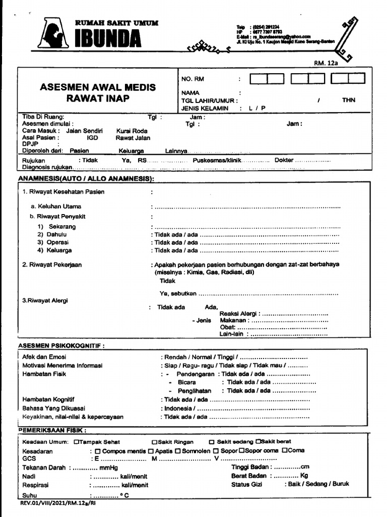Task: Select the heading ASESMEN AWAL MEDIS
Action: (x=98, y=87)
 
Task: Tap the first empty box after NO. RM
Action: (x=259, y=79)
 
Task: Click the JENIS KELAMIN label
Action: (x=205, y=108)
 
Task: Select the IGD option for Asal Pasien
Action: (x=92, y=138)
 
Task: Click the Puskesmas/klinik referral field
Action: (x=217, y=160)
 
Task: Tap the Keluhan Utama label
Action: (x=59, y=206)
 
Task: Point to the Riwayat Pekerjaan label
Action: (x=52, y=265)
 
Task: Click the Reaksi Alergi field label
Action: (x=239, y=314)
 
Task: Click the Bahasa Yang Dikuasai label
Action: (x=54, y=408)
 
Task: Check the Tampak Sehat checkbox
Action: (x=76, y=442)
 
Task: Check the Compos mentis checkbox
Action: (x=98, y=451)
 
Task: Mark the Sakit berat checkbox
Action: (x=257, y=442)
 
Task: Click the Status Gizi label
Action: (x=247, y=484)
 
